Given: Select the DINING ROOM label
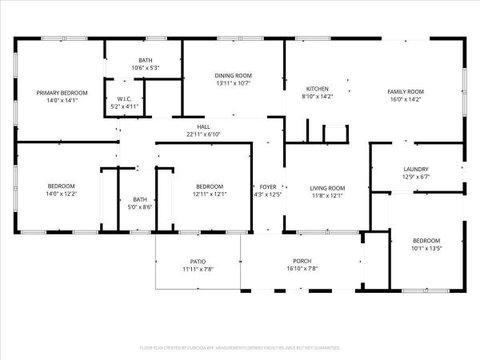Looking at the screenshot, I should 233,75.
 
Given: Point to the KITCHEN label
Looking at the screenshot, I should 318,89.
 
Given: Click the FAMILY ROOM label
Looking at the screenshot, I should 406,92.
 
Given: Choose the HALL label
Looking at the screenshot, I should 203,126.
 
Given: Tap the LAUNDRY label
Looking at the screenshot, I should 416,169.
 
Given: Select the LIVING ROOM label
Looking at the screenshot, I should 327,188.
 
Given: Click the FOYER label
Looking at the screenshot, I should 267,187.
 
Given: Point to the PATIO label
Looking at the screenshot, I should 198,261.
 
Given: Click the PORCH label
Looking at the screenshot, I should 302,261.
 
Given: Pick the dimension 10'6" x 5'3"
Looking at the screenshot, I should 146,68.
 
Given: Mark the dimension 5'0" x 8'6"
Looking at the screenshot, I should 140,207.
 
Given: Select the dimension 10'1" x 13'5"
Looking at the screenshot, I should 426,248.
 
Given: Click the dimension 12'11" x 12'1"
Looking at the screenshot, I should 209,194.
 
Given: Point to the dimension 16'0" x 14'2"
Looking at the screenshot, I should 406,100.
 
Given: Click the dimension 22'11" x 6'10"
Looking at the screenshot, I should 203,134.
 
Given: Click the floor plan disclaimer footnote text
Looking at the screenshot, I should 240,348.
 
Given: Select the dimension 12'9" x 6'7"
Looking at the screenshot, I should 416,177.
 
